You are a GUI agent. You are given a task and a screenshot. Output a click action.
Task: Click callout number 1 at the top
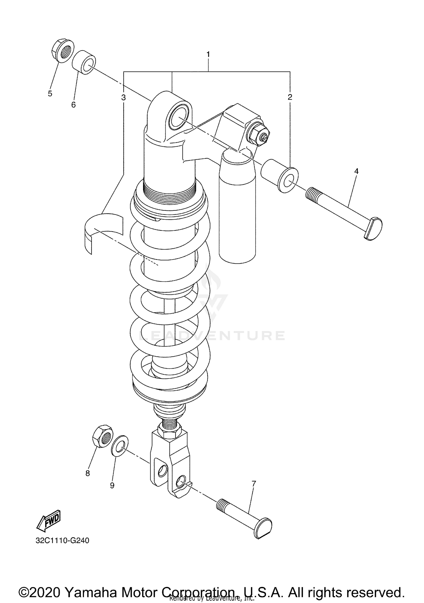(x=208, y=54)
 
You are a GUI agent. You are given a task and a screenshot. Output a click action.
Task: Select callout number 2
(x=290, y=97)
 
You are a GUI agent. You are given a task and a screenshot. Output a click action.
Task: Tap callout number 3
(x=123, y=98)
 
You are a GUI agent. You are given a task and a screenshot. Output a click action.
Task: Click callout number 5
(x=50, y=94)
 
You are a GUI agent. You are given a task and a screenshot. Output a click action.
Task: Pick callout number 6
(x=73, y=105)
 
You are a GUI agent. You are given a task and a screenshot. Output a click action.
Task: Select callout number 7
(x=254, y=484)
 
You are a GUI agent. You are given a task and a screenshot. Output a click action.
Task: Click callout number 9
(x=112, y=485)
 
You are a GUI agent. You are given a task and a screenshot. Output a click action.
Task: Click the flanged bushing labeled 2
(x=280, y=175)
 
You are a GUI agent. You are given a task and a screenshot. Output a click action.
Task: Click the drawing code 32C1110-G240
(x=62, y=541)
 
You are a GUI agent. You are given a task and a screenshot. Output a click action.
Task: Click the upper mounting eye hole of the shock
(x=179, y=116)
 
